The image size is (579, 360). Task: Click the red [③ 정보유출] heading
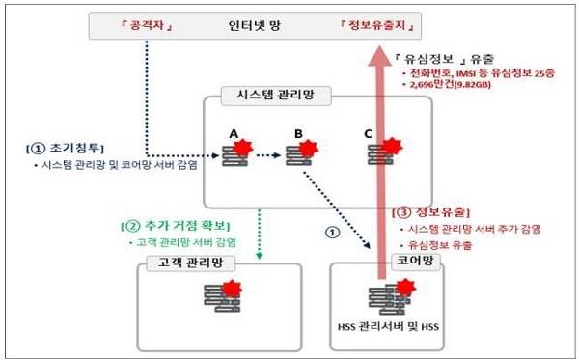click(430, 210)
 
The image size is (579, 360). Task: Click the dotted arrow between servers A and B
click(267, 153)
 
